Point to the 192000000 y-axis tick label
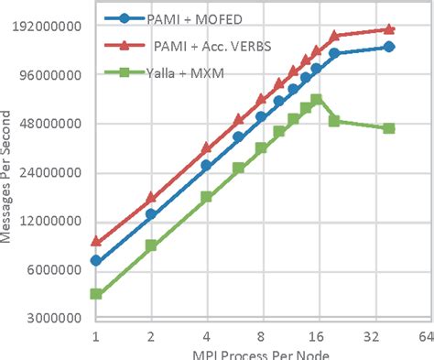point(49,27)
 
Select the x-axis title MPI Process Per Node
point(260,354)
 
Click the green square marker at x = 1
point(95,294)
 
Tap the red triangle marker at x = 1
point(95,242)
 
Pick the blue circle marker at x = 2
point(151,214)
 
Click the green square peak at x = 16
point(316,100)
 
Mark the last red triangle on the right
point(389,29)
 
